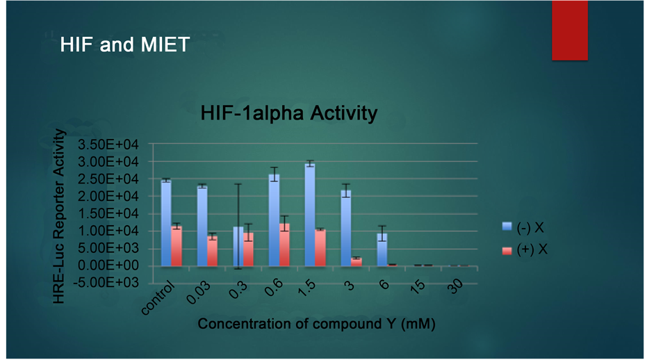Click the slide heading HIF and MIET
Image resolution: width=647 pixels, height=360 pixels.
click(124, 44)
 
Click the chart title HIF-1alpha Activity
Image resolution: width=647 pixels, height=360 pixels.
click(289, 113)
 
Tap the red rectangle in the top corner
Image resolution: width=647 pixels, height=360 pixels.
click(570, 30)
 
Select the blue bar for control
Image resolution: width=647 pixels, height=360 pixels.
click(166, 223)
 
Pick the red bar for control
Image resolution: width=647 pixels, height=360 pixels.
click(177, 246)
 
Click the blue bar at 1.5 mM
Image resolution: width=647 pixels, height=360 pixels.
click(310, 215)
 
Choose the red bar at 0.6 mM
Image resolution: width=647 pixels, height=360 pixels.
click(284, 245)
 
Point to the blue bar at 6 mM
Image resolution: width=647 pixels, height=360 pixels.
click(382, 249)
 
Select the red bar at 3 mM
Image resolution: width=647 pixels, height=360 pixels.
click(357, 262)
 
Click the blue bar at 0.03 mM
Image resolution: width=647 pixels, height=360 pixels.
click(202, 226)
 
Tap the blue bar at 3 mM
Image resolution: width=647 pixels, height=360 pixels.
click(346, 229)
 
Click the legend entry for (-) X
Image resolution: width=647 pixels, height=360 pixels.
click(523, 227)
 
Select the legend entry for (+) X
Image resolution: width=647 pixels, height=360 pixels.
click(525, 249)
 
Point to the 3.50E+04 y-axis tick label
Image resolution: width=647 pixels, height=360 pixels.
click(108, 145)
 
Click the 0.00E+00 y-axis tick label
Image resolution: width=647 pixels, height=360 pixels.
click(108, 265)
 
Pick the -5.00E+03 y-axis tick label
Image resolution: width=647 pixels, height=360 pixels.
click(106, 282)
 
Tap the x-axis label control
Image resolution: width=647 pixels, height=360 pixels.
click(158, 299)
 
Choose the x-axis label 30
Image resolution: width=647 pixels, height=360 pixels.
click(456, 286)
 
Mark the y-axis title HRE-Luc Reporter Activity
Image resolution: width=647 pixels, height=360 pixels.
click(59, 216)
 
